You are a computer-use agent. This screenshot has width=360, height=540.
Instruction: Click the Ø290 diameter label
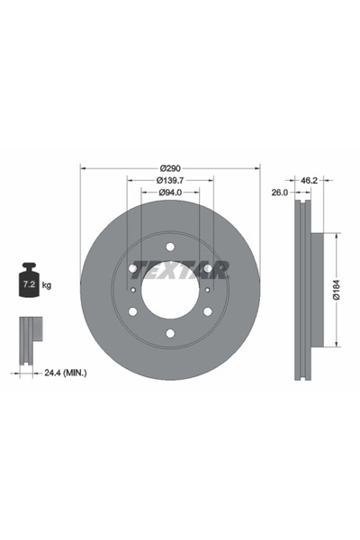tap(170, 168)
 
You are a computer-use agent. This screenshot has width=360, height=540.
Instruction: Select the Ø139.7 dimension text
tap(170, 181)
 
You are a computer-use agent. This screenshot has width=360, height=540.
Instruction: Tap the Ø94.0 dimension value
tap(170, 193)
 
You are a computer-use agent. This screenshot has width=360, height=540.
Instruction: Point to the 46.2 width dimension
tap(309, 181)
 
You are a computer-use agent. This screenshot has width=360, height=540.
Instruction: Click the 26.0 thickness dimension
tap(279, 193)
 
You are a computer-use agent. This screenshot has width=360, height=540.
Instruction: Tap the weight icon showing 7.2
tap(27, 284)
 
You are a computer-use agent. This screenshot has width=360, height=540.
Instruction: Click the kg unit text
tap(47, 285)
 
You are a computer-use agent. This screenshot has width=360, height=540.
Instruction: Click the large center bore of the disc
tap(170, 290)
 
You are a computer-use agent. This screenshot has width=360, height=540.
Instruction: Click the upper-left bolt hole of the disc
tap(133, 268)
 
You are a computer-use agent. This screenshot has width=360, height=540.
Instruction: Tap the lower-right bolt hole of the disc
tap(208, 311)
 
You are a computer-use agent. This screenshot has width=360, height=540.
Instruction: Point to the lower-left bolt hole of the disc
tap(133, 311)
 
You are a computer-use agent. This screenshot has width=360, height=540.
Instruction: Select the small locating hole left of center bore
tap(134, 290)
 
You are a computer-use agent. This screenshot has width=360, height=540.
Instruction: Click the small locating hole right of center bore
tap(207, 290)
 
